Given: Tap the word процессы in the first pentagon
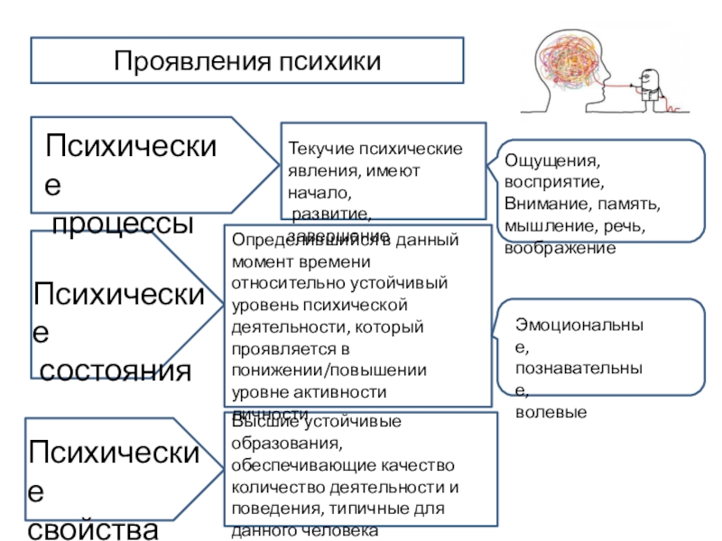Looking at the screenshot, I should pyautogui.click(x=123, y=223).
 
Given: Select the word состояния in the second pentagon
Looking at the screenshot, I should pyautogui.click(x=115, y=371).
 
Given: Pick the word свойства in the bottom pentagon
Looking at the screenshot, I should pyautogui.click(x=93, y=528).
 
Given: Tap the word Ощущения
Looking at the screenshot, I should pyautogui.click(x=551, y=161).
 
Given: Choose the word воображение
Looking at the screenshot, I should pyautogui.click(x=560, y=246).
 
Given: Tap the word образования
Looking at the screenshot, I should pyautogui.click(x=287, y=445).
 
